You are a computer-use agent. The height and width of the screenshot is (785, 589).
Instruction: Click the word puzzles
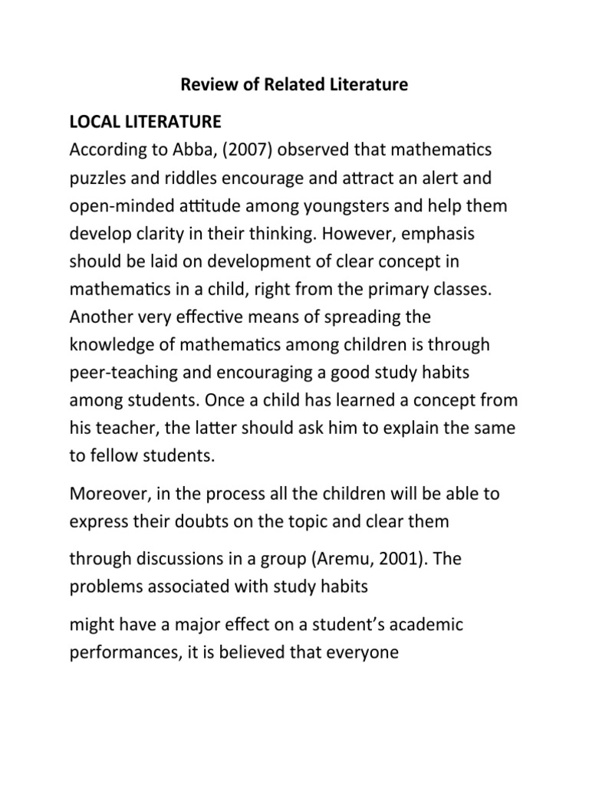pyautogui.click(x=99, y=179)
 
